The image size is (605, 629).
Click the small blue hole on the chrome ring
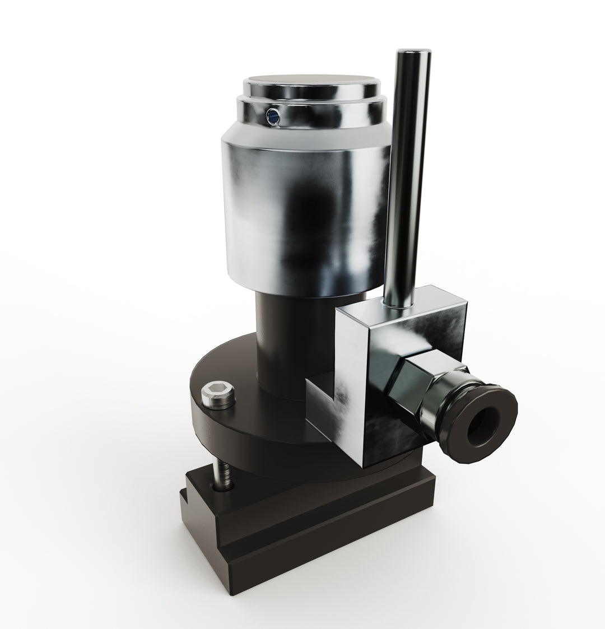click(272, 116)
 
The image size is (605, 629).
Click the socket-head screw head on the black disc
click(218, 395)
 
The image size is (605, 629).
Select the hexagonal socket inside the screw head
click(218, 392)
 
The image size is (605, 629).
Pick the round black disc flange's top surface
click(235, 370)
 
